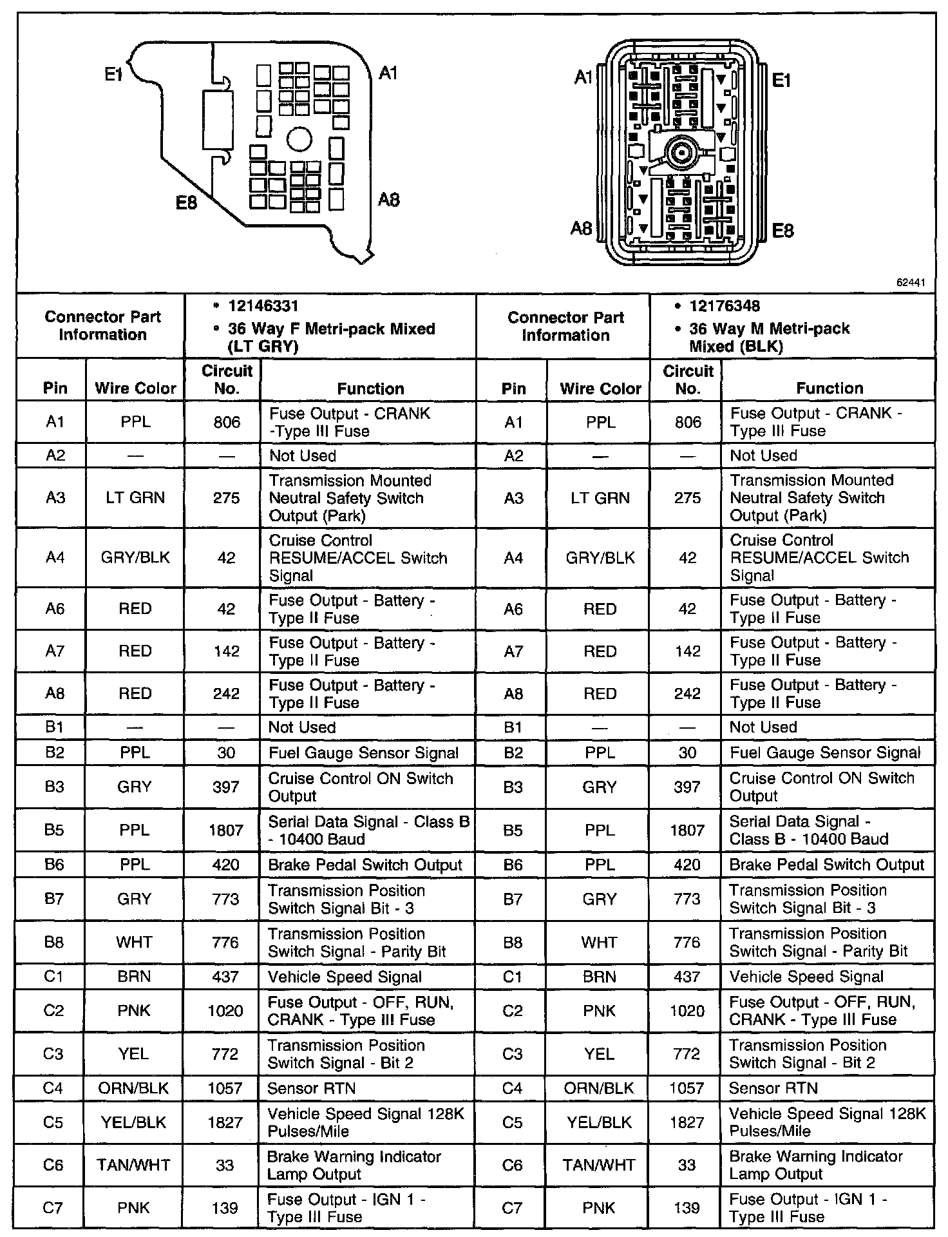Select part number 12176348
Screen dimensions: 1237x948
tap(725, 306)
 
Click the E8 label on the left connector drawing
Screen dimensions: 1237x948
tap(186, 203)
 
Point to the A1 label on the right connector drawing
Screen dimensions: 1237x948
tap(583, 78)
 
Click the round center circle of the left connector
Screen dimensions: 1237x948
tap(299, 139)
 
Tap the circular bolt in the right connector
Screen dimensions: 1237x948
tap(679, 153)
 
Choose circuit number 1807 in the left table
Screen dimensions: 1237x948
tap(225, 830)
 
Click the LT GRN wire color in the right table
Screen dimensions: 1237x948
tap(600, 498)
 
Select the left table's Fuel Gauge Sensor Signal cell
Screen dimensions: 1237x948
tap(363, 753)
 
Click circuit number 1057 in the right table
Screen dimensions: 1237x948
tap(687, 1088)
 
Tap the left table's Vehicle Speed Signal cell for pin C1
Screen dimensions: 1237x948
tap(345, 977)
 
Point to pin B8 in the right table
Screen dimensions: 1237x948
tap(513, 943)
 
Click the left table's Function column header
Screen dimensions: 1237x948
tap(370, 388)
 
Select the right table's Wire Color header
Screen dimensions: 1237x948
tap(600, 388)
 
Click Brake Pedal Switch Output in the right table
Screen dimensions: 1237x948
tap(826, 865)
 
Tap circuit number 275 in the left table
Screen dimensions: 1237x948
tap(226, 498)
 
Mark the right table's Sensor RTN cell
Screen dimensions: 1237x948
tap(773, 1088)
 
